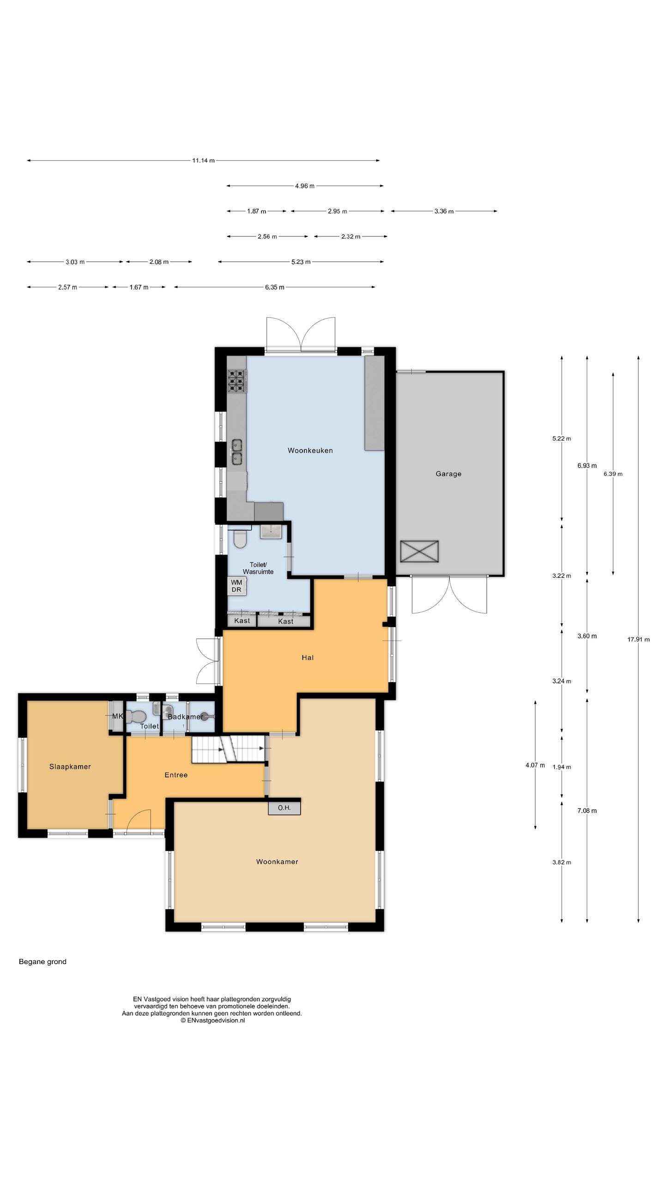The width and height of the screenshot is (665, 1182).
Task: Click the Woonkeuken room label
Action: coord(310,450)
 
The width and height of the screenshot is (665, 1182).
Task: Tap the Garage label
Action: coord(448,474)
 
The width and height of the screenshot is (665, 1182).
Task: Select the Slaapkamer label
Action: coord(70,766)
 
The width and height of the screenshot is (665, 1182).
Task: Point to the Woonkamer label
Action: coord(277,862)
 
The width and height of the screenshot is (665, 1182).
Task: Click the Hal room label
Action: coord(308,657)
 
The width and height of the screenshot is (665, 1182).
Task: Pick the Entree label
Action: coord(176,775)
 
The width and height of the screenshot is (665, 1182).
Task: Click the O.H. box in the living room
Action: coord(284,808)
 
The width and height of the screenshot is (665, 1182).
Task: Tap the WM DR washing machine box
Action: coord(236,586)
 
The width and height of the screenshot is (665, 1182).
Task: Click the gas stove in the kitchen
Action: coord(236,381)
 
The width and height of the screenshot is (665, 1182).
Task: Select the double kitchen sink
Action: coord(237,452)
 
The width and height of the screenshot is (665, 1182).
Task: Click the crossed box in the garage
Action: coord(419,551)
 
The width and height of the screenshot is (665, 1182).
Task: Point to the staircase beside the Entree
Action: coord(229,749)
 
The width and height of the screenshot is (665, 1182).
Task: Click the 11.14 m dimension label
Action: coord(203,161)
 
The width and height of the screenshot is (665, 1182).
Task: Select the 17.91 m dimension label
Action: coord(638,639)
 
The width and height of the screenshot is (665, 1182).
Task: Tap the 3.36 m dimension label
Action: coord(444,211)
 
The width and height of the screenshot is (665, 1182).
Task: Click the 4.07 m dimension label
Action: coord(535,765)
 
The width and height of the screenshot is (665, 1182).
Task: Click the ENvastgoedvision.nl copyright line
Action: coord(213,1020)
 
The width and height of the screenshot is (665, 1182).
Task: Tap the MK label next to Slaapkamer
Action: coord(117,716)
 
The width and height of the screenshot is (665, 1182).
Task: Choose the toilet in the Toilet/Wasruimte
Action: coord(240,538)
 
